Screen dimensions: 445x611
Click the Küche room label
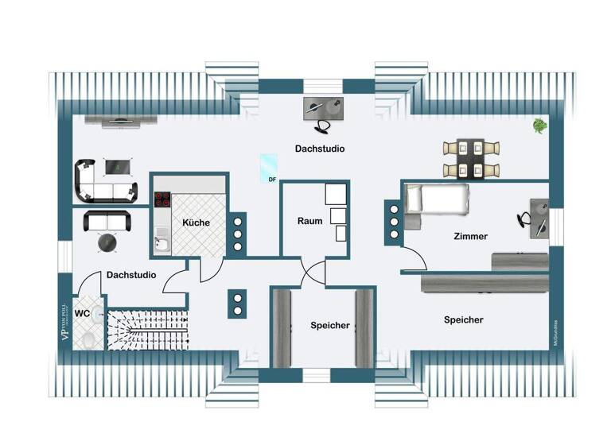195,222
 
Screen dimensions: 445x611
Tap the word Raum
310,221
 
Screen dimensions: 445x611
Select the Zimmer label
470,236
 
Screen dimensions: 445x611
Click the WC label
82,314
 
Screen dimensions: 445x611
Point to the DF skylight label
272,180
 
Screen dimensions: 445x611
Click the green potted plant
539,125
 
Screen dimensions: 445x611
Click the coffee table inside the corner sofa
118,167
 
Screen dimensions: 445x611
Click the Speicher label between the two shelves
329,325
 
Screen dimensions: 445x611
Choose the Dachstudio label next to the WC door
130,275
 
